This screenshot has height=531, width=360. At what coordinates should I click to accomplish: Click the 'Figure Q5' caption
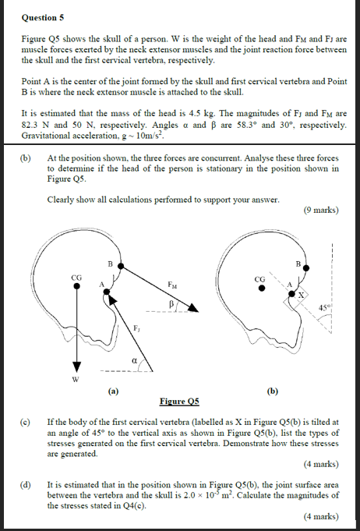pyautogui.click(x=179, y=401)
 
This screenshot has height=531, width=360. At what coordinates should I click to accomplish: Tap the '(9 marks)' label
pyautogui.click(x=320, y=210)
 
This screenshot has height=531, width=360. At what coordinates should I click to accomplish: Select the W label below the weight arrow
pyautogui.click(x=76, y=380)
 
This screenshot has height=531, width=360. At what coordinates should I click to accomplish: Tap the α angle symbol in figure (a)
pyautogui.click(x=133, y=360)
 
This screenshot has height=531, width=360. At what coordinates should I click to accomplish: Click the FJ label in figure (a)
pyautogui.click(x=137, y=327)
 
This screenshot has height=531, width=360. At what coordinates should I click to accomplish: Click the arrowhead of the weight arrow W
pyautogui.click(x=76, y=367)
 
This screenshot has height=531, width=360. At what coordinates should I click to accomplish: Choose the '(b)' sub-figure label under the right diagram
pyautogui.click(x=273, y=391)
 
